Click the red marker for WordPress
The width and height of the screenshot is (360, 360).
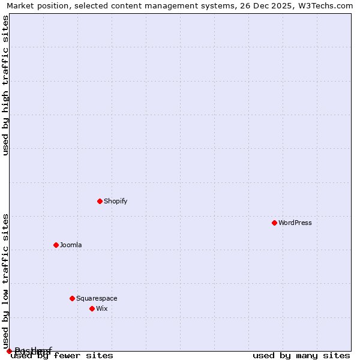[274, 223]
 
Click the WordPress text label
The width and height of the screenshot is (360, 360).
[295, 223]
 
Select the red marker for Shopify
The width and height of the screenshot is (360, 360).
[100, 201]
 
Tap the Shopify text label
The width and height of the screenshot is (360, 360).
[115, 201]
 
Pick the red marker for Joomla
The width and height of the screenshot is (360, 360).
[56, 245]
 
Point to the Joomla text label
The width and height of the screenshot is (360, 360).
[71, 245]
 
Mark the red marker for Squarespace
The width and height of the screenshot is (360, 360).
[72, 298]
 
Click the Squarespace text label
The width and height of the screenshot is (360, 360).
[97, 298]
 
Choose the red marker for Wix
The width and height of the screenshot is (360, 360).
[92, 308]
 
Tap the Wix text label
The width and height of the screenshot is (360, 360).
[101, 308]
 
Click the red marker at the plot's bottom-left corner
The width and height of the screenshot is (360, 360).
[9, 351]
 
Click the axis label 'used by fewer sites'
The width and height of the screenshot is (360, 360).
[62, 356]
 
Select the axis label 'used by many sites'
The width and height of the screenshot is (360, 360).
[301, 356]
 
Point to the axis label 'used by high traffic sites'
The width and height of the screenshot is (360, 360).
[6, 85]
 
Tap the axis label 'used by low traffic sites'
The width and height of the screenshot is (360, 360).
[6, 281]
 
